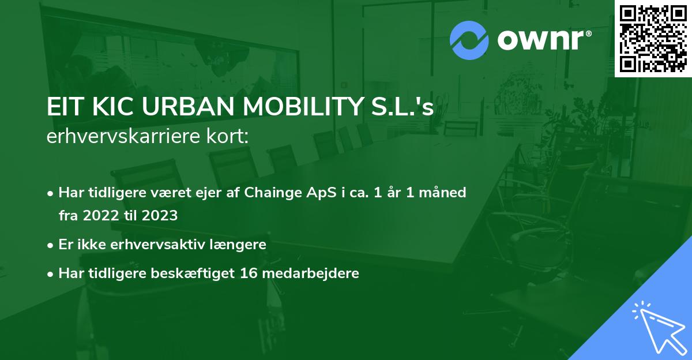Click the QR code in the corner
[x=653, y=39]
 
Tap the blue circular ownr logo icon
[x=469, y=40]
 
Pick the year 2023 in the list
[x=157, y=216]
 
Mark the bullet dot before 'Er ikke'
[x=51, y=245]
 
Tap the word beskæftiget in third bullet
[x=193, y=273]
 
